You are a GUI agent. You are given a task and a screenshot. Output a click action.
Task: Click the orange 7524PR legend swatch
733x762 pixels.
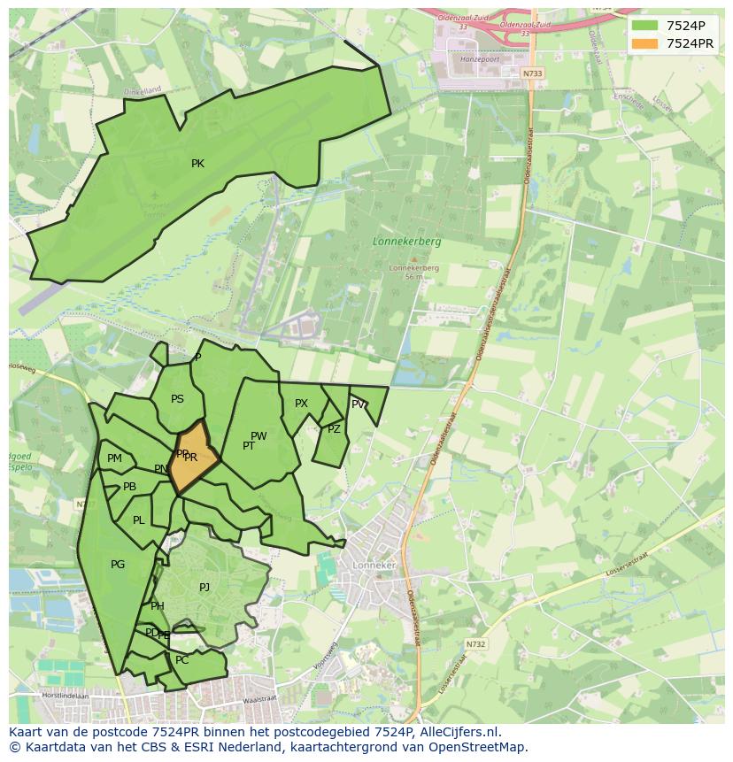(645, 43)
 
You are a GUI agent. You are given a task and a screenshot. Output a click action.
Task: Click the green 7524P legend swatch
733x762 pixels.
(645, 25)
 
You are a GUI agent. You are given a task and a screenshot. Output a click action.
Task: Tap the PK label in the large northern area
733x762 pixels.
(197, 164)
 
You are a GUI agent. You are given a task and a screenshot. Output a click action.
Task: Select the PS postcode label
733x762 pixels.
(177, 399)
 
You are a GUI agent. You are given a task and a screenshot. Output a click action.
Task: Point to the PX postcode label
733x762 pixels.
(301, 404)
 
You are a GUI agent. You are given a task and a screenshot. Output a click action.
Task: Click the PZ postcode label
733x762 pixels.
(334, 429)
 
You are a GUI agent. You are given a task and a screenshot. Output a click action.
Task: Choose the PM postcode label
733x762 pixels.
(114, 458)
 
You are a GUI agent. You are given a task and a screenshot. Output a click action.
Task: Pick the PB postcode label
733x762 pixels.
(129, 487)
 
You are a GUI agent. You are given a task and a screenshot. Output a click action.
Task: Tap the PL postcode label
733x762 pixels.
(138, 520)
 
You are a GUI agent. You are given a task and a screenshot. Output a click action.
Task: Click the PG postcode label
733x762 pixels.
(118, 565)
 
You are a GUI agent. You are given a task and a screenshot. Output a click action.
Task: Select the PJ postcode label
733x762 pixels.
(204, 587)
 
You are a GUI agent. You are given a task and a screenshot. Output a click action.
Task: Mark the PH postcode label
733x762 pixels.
(158, 606)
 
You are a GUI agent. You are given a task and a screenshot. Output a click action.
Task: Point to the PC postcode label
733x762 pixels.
(181, 660)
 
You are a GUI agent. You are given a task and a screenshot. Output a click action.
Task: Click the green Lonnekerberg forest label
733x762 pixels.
(406, 241)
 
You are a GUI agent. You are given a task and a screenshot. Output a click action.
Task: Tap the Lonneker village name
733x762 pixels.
(374, 565)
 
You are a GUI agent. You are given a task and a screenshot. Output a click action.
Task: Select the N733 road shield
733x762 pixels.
(531, 73)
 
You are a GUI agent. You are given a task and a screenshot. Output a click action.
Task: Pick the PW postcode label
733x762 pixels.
(258, 436)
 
